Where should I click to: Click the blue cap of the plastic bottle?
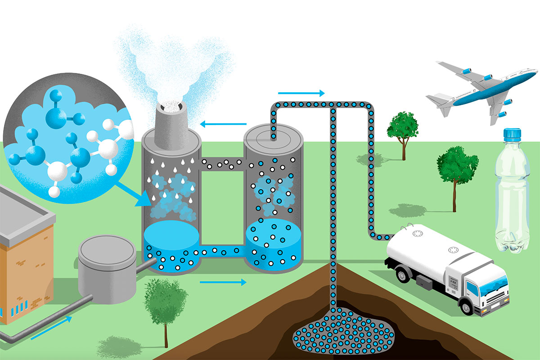(x=512, y=134)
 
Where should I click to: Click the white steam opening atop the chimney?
(x=173, y=108)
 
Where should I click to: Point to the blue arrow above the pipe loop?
(x=301, y=93)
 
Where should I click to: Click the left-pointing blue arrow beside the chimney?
(x=223, y=123)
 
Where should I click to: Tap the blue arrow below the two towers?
(x=223, y=282)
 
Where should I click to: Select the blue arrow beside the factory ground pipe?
(x=51, y=327)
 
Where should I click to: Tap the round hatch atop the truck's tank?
(x=418, y=234)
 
